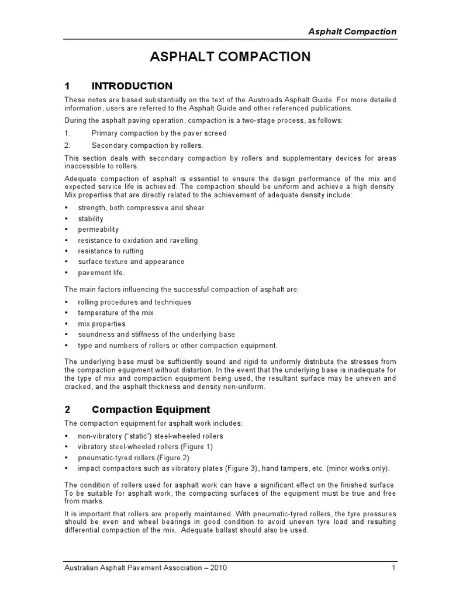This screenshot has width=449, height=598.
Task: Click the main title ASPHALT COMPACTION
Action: [230, 57]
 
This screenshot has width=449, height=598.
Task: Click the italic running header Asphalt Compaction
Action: [352, 32]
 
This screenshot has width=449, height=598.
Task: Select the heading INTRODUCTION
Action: [132, 86]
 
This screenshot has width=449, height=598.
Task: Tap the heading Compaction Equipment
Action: [151, 409]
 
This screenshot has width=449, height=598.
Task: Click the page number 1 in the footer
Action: [394, 568]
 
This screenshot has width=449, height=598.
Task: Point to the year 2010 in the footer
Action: [217, 568]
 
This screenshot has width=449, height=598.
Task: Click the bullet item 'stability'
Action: [91, 219]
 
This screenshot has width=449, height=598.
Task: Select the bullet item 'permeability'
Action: [98, 230]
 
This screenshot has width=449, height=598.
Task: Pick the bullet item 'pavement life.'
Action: [101, 273]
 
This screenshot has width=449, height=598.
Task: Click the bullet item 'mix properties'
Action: [102, 324]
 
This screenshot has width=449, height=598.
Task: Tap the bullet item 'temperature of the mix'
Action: [116, 313]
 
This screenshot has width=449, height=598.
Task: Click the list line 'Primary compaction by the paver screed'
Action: [159, 133]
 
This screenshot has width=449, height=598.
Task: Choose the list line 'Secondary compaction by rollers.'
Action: [148, 145]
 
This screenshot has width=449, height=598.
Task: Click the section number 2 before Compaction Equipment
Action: [67, 409]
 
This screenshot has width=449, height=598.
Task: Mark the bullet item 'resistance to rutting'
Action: [111, 251]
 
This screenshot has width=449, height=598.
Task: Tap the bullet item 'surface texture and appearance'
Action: [131, 262]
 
